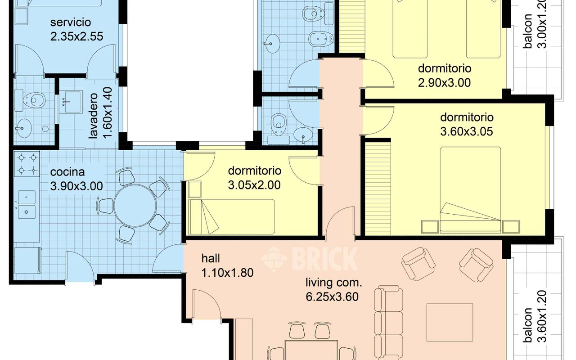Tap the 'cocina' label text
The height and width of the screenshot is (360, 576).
67,172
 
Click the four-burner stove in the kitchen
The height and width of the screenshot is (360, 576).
26,164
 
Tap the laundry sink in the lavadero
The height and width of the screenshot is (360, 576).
71,102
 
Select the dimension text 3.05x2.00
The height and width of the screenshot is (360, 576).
255,184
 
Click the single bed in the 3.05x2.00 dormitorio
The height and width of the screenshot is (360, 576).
232,217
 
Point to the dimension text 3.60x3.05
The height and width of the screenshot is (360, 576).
467,131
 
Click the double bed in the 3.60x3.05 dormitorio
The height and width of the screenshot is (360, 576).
470,189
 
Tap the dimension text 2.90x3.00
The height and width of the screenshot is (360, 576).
445,82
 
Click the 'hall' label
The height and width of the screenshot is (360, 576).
211,258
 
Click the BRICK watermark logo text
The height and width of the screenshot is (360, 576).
324,258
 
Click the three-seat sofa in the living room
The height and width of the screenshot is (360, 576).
388,319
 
